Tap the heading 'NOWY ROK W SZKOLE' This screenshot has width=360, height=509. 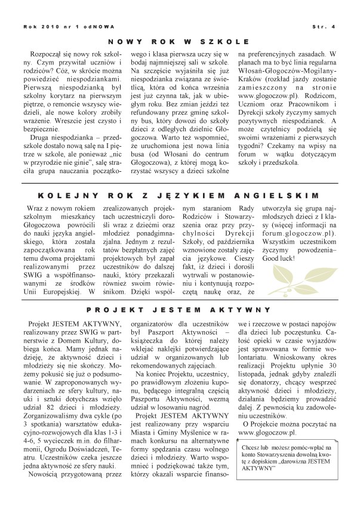(x=179, y=42)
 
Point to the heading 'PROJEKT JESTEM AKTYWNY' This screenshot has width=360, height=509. (x=179, y=310)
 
